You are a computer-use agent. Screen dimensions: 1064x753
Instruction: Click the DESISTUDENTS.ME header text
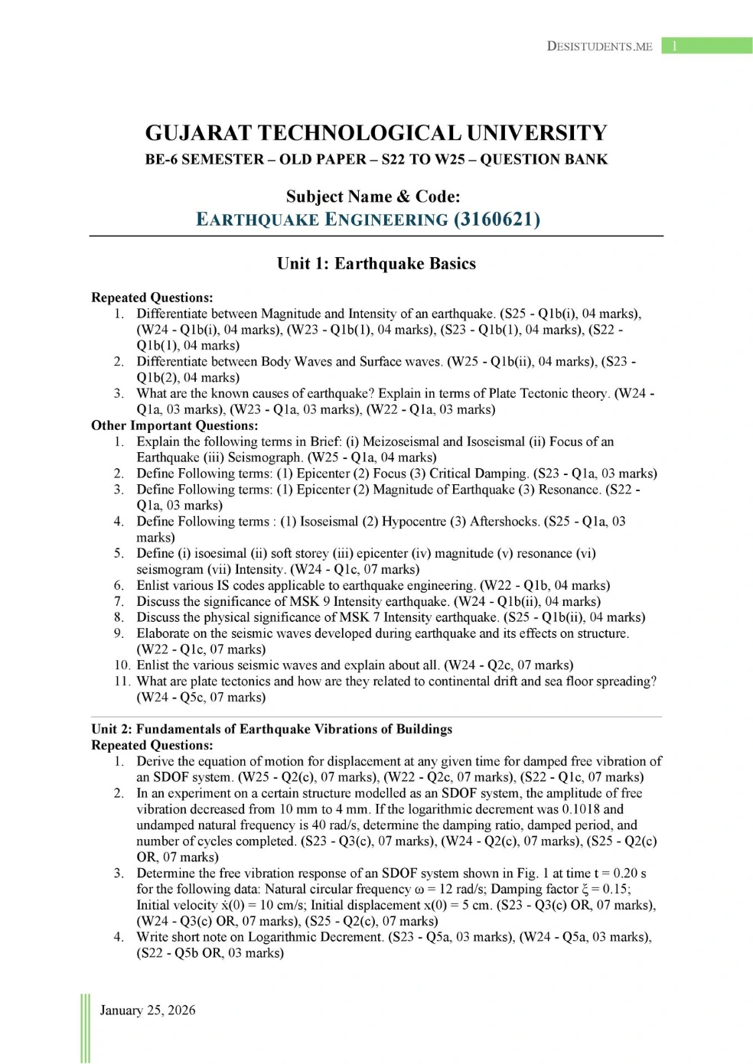[599, 46]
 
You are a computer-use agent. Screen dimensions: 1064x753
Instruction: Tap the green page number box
[706, 46]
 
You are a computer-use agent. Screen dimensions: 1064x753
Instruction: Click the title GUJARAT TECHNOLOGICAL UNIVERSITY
[376, 133]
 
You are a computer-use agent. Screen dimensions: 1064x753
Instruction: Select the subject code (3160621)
[497, 220]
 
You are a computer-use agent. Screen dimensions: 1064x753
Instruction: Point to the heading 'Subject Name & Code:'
[373, 197]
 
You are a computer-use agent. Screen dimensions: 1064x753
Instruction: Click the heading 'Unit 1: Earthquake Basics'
[376, 264]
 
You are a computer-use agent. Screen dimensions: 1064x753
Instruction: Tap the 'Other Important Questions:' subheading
[174, 425]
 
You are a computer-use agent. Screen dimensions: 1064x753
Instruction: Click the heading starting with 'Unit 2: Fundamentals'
[272, 729]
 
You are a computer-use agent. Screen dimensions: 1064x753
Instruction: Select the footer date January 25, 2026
[148, 1010]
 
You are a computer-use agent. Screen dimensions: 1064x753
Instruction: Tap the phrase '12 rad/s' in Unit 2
[458, 889]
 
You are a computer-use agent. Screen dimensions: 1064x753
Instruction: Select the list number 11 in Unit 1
[122, 682]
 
